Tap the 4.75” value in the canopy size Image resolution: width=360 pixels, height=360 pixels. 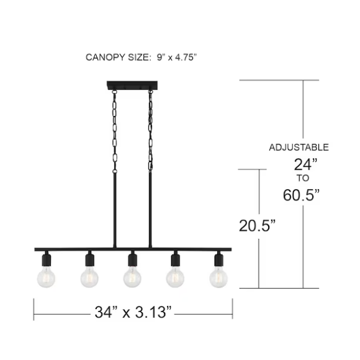(186, 57)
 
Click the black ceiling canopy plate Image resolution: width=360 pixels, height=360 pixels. (132, 85)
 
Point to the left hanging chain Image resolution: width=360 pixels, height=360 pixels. (114, 132)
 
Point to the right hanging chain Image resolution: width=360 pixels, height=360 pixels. (150, 130)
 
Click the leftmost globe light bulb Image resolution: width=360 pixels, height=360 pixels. (46, 278)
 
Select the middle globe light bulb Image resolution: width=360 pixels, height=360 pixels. (132, 278)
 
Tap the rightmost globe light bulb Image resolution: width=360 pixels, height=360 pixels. (218, 278)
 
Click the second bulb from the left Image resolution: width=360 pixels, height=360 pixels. (89, 278)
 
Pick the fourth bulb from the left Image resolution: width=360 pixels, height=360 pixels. (175, 278)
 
